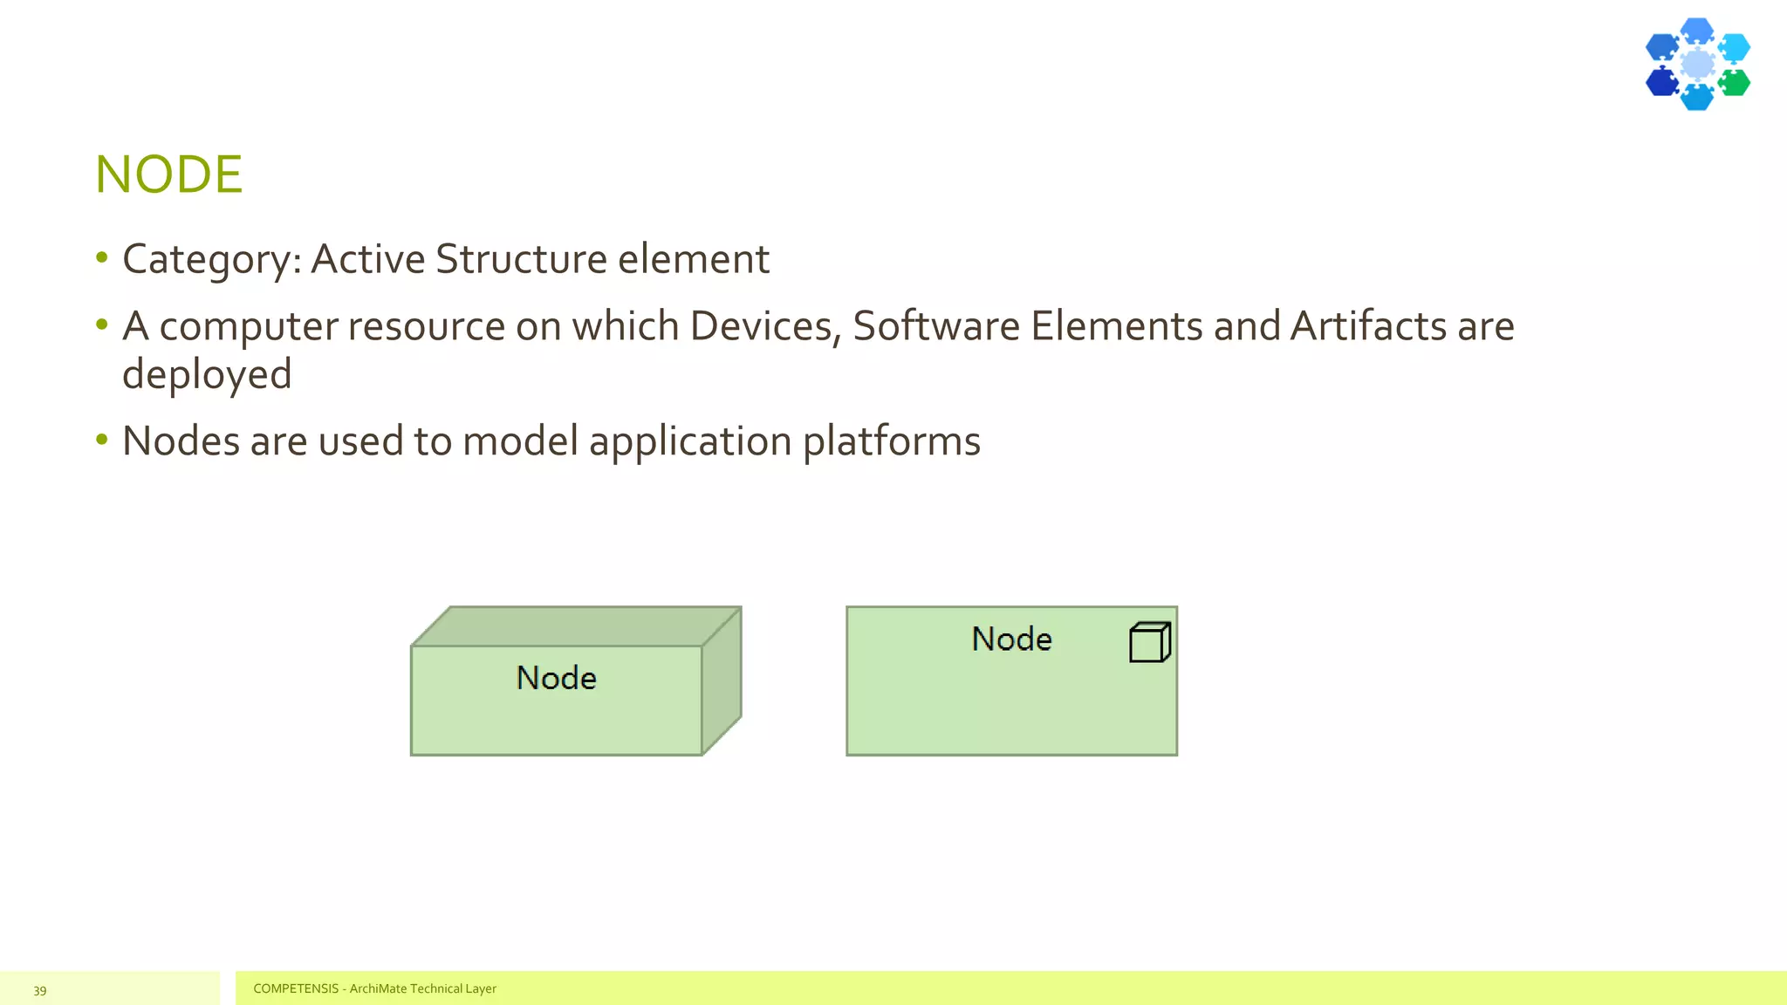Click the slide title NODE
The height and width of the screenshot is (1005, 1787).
168,174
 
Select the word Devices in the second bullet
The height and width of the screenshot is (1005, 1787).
764,326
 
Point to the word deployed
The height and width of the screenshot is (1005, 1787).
207,375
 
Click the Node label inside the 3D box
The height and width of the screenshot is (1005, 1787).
556,678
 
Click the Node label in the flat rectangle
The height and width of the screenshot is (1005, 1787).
1011,639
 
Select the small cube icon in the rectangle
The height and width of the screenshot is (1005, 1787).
1149,642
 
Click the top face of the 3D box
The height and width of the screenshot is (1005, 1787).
576,626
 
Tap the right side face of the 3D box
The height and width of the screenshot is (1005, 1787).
722,680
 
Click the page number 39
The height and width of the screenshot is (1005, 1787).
40,990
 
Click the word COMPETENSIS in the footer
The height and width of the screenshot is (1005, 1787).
296,988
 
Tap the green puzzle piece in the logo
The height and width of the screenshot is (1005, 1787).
1735,83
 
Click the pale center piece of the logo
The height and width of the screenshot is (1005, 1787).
1697,64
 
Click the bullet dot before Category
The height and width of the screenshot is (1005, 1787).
102,257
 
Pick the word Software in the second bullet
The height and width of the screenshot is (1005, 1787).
935,326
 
